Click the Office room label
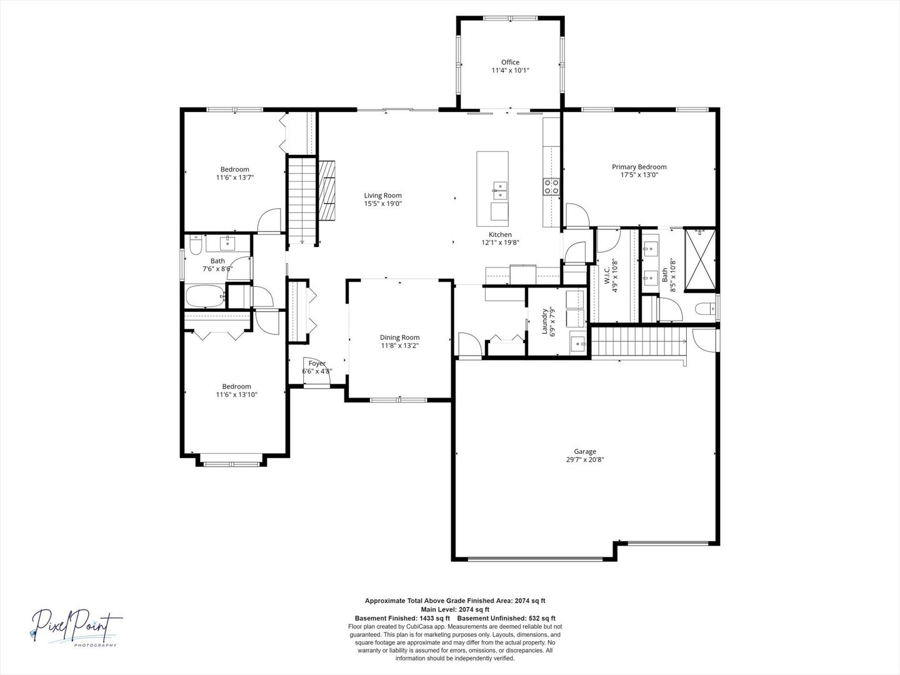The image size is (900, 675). point(510,62)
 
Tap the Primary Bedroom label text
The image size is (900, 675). point(639,167)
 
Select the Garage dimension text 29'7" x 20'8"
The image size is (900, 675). point(585,460)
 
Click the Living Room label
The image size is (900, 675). point(382,196)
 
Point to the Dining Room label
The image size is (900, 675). point(400,337)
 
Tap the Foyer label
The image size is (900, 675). point(317,364)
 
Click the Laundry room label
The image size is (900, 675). point(544,322)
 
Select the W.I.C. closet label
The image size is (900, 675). point(606,275)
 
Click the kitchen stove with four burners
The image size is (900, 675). point(551,186)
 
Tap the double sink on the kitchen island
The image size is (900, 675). point(500,186)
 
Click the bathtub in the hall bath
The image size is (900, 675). point(205,297)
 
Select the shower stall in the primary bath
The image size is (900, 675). point(699,260)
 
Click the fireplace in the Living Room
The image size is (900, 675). point(327,191)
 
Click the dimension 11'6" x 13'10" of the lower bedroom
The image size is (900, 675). point(237,395)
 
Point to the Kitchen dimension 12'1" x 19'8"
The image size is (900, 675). point(500,243)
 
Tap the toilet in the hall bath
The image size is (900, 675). point(194,247)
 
